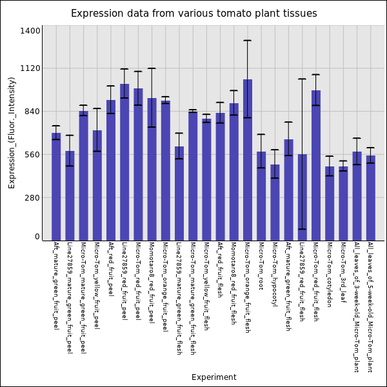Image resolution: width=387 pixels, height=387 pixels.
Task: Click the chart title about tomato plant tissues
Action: tap(193, 14)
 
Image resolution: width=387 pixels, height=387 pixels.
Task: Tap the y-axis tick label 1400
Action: tap(31, 31)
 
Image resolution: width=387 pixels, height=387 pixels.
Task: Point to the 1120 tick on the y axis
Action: tap(31, 68)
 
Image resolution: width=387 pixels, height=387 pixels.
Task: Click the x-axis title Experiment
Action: tap(213, 377)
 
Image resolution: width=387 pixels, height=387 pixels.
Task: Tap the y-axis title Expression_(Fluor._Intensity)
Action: tap(12, 132)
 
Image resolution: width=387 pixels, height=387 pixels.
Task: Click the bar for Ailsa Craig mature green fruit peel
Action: tap(56, 186)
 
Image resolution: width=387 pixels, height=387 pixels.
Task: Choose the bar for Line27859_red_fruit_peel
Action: tap(124, 162)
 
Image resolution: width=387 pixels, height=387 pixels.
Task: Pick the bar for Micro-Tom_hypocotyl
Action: tap(275, 203)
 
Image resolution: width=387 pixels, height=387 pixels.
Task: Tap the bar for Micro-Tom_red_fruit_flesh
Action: tap(316, 165)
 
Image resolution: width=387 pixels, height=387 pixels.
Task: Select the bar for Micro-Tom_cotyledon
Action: tap(330, 203)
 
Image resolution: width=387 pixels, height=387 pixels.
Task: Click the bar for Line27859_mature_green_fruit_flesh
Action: tap(179, 193)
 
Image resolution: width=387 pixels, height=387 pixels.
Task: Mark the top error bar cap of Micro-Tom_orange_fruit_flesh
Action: tap(248, 41)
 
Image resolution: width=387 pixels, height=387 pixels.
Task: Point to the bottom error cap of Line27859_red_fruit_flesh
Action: tap(303, 229)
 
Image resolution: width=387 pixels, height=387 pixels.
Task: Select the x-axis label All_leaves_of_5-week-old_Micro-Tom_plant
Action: tap(370, 307)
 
